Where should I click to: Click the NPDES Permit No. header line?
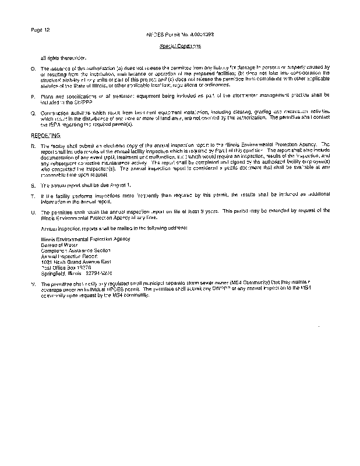click(180, 35)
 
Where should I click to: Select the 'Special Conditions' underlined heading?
click(180, 45)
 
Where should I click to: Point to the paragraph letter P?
click(33, 94)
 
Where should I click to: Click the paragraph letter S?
click(33, 185)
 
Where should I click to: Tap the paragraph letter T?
click(33, 195)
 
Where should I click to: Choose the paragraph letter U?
click(33, 210)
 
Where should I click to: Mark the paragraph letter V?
click(33, 283)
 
